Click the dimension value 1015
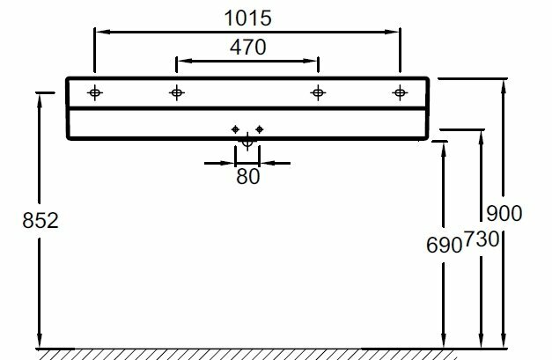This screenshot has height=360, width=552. click(x=248, y=18)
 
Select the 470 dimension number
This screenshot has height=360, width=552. click(x=247, y=48)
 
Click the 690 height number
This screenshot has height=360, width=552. click(x=445, y=246)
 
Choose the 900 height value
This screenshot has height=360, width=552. click(x=504, y=213)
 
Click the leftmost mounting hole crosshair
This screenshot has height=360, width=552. click(x=94, y=92)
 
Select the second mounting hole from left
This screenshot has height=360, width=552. click(x=177, y=92)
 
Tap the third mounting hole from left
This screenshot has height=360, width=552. click(x=317, y=92)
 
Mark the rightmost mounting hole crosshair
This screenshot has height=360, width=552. click(x=400, y=92)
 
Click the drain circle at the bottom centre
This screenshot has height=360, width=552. click(x=247, y=139)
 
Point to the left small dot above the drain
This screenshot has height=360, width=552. click(x=235, y=130)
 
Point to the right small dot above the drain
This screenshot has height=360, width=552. click(x=260, y=130)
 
